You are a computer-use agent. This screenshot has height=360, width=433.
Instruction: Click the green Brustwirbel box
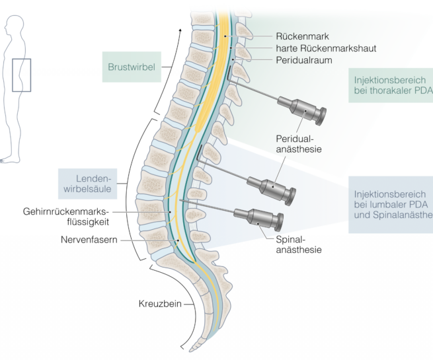pos(132,67)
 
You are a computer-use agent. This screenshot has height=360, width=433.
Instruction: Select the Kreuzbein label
pos(159,305)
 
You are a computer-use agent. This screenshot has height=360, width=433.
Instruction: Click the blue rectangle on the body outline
pos(21,75)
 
